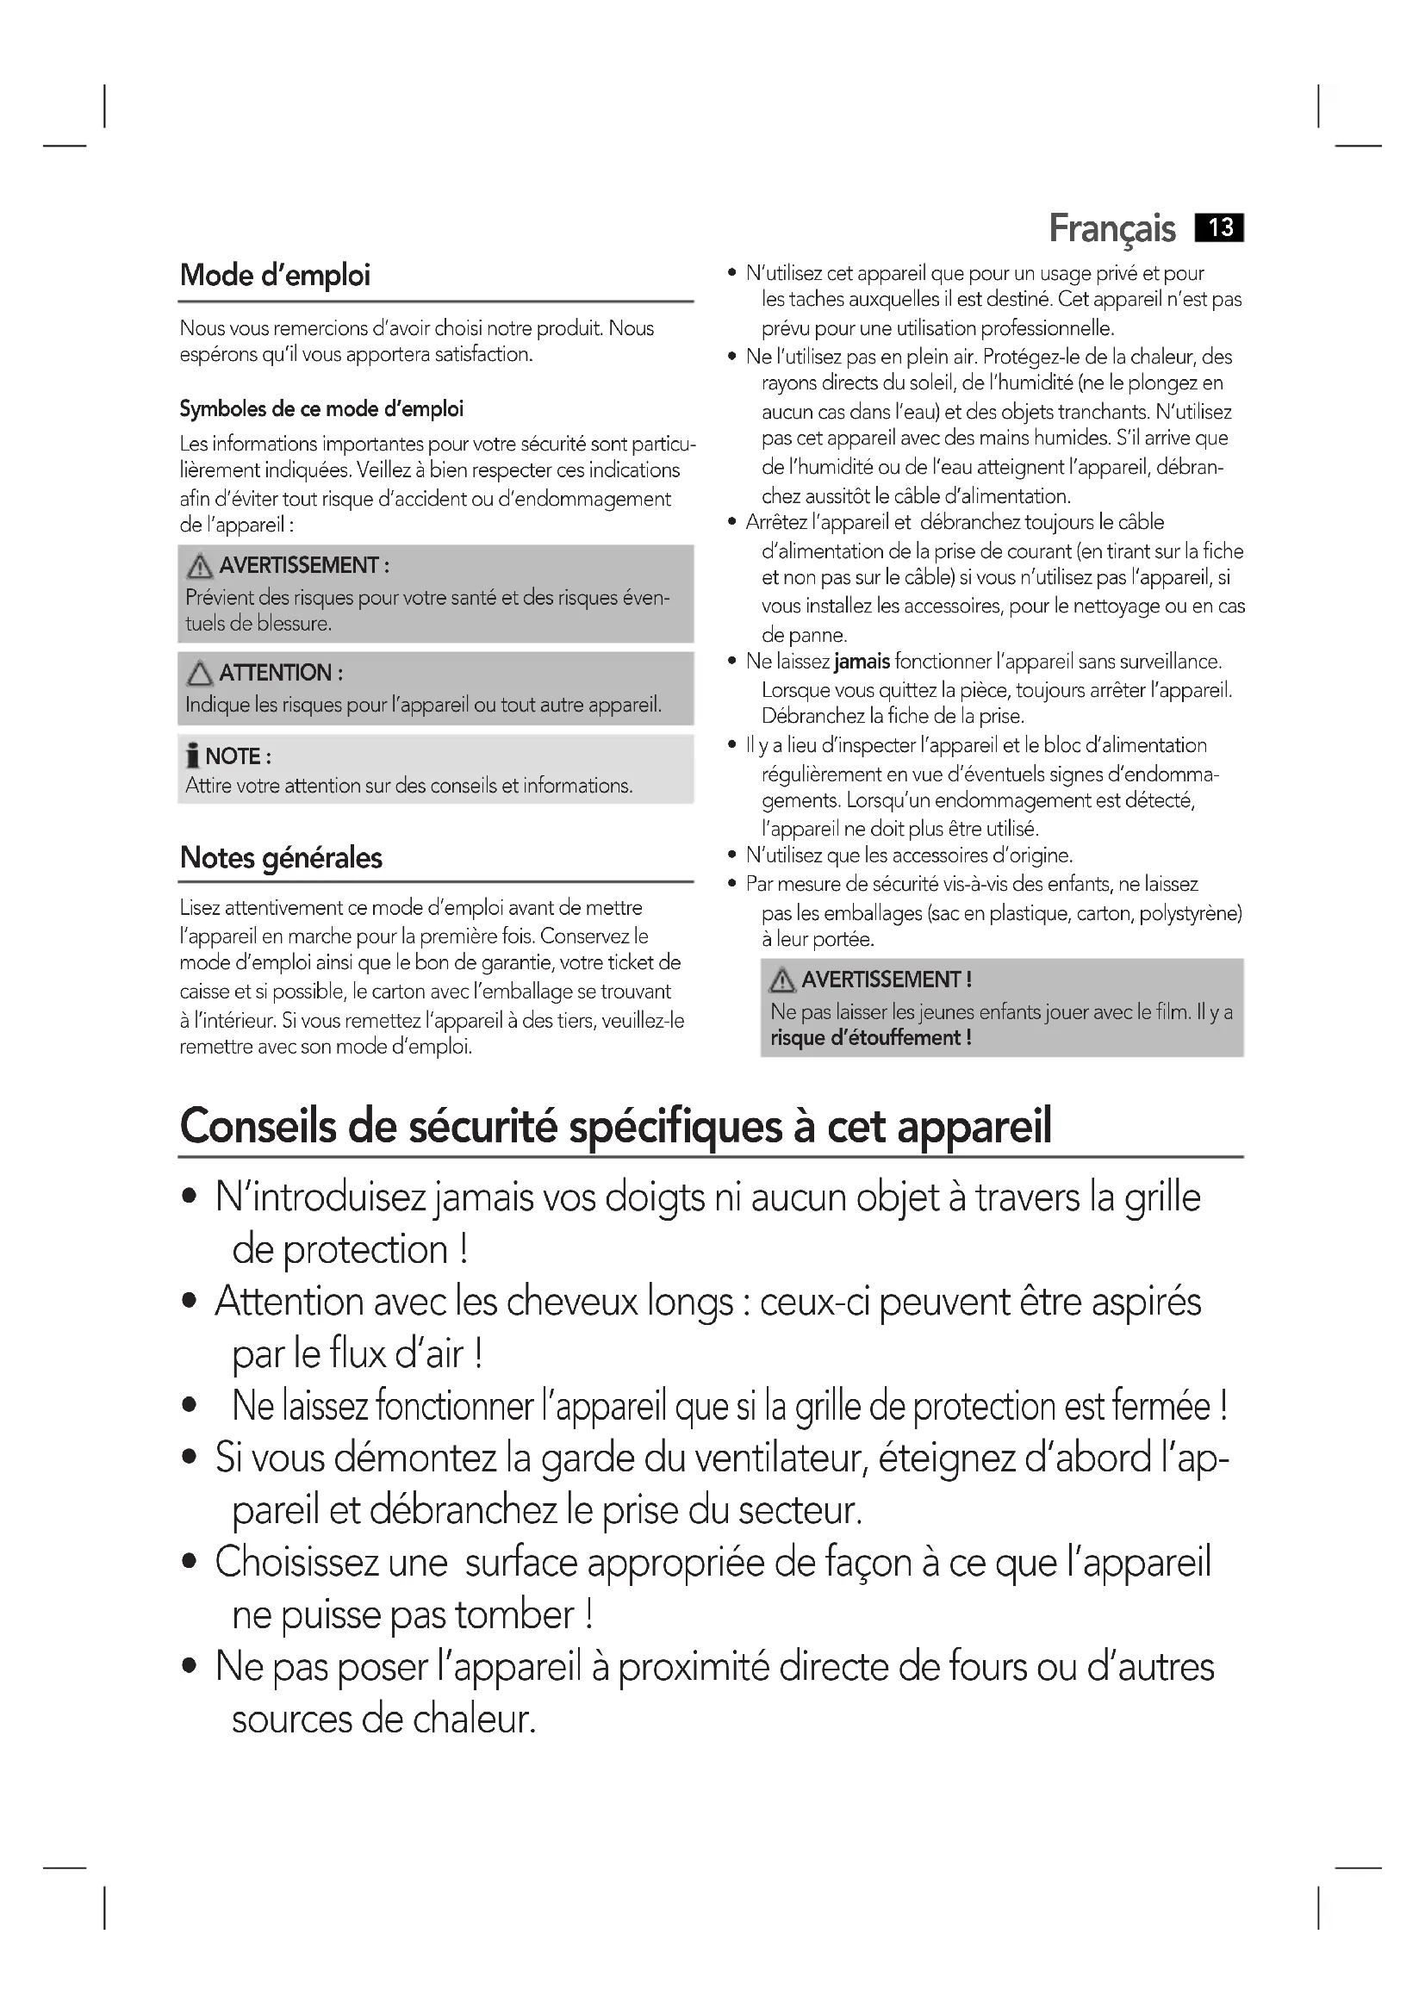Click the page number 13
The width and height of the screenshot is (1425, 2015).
coord(1220,228)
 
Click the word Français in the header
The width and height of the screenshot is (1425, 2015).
coord(1111,229)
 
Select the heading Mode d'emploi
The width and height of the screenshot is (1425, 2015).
coord(275,276)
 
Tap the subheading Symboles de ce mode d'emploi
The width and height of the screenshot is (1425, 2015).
coord(321,409)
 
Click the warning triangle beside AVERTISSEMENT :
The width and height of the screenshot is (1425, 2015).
coord(200,567)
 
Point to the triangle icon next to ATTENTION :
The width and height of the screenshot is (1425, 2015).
coord(200,674)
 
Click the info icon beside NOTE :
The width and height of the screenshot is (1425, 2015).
coord(193,756)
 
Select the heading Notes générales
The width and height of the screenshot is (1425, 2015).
coord(281,857)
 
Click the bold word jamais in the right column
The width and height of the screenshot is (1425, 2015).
coord(862,662)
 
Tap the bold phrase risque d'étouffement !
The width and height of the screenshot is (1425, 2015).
coord(870,1038)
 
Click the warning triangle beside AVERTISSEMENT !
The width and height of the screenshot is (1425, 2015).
coord(781,980)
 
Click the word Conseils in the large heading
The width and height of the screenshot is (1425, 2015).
coord(258,1126)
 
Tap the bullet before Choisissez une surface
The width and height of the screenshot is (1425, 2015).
coord(190,1563)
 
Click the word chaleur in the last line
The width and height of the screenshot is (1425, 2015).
coord(474,1720)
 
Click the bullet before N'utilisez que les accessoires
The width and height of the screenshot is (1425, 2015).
coord(732,855)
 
